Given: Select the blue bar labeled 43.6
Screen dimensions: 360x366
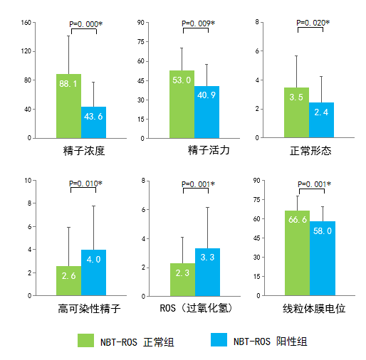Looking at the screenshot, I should [93, 122].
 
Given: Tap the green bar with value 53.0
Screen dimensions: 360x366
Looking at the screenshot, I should [182, 104].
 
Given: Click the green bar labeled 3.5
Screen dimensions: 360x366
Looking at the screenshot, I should [296, 112].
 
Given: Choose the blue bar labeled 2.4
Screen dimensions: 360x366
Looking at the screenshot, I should [321, 120].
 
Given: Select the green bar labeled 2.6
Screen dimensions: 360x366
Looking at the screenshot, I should [68, 280].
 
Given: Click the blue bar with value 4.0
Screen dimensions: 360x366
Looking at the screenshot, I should [93, 272].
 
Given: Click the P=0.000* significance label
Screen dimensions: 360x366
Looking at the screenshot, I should [85, 24].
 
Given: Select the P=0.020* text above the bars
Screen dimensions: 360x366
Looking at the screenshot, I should [313, 23].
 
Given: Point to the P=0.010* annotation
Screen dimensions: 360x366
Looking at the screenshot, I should [85, 184].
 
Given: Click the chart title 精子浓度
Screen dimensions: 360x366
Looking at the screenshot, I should [84, 151].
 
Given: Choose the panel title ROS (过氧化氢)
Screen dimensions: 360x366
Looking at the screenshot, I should [197, 310].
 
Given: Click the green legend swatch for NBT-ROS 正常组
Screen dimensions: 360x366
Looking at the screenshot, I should [85, 341].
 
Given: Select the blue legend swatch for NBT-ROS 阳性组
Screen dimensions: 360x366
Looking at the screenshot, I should [221, 341].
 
